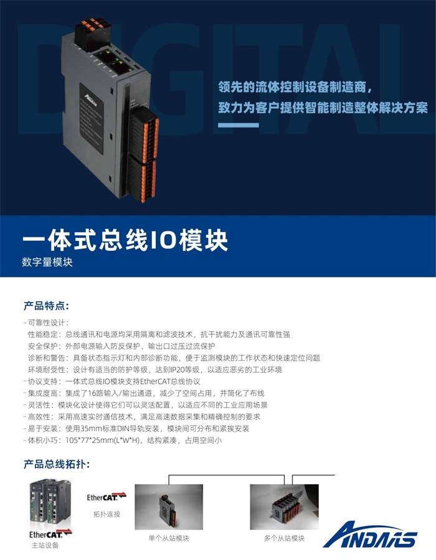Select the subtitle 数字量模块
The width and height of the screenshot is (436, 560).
pyautogui.click(x=48, y=263)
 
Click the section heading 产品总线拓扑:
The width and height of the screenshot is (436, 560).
pyautogui.click(x=57, y=464)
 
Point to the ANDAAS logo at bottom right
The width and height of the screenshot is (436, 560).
pyautogui.click(x=370, y=533)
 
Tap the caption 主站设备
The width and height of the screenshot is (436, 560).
pyautogui.click(x=45, y=546)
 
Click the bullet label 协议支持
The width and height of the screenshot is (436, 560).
pyautogui.click(x=44, y=381)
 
